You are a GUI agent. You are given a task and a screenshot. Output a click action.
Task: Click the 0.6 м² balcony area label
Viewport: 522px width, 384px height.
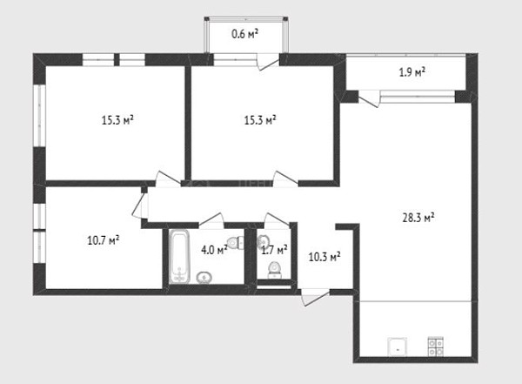[x=245, y=34]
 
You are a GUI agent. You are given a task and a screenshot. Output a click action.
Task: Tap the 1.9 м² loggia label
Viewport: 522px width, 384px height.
[x=412, y=72]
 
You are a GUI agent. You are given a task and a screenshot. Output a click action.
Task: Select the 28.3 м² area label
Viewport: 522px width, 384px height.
[x=418, y=218]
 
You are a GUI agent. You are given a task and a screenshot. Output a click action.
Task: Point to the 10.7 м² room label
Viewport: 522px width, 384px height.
[x=104, y=240]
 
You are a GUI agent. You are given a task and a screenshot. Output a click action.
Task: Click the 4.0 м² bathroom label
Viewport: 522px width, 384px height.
[x=214, y=250]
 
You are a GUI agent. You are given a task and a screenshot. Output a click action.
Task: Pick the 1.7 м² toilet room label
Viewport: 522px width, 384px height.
[x=274, y=250]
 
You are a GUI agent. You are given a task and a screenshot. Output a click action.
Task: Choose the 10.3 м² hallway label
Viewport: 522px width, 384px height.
[x=325, y=257]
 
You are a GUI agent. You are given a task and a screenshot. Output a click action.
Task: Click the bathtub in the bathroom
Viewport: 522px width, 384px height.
[x=179, y=257]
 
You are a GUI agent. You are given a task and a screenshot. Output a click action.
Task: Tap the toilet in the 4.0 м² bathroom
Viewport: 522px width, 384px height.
[x=236, y=242]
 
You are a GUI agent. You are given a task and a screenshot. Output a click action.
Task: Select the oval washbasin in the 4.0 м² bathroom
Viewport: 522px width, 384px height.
[x=204, y=277]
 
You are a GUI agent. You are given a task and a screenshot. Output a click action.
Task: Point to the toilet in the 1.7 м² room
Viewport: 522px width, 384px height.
[x=275, y=270]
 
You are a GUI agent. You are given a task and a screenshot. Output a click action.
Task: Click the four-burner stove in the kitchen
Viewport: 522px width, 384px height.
[x=436, y=347]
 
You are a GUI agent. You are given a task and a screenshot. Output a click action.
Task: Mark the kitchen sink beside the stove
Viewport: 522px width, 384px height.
[x=398, y=347]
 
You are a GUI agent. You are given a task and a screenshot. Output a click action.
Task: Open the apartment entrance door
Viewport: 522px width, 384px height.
[x=316, y=297]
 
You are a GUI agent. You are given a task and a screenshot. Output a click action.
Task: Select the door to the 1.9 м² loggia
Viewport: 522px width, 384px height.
[x=369, y=99]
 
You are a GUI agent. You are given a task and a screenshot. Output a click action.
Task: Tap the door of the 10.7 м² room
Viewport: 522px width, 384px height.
[x=140, y=205]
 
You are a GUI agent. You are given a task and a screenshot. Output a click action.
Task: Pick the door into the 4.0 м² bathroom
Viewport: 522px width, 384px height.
[x=211, y=220]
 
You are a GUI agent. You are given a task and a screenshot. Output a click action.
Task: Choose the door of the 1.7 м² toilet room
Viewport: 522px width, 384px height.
[x=277, y=220]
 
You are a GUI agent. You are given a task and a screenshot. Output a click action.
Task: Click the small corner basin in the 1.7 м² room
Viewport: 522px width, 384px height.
[x=263, y=241]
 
